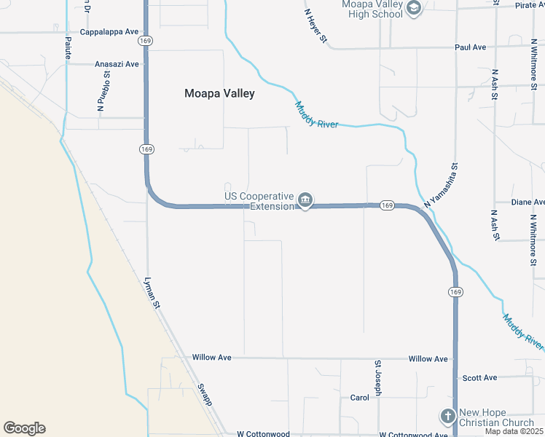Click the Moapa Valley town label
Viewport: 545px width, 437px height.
tap(219, 93)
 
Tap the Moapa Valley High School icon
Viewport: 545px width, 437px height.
tap(414, 9)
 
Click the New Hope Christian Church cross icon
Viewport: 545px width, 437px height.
tap(447, 417)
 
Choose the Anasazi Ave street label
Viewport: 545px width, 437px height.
tap(117, 64)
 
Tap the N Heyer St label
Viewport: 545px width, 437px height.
tap(315, 25)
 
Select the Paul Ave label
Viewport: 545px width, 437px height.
tap(470, 47)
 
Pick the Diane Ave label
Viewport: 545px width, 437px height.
tap(528, 202)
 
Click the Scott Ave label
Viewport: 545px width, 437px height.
tap(479, 378)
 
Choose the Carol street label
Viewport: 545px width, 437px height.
tap(360, 398)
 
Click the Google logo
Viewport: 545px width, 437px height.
tap(24, 428)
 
